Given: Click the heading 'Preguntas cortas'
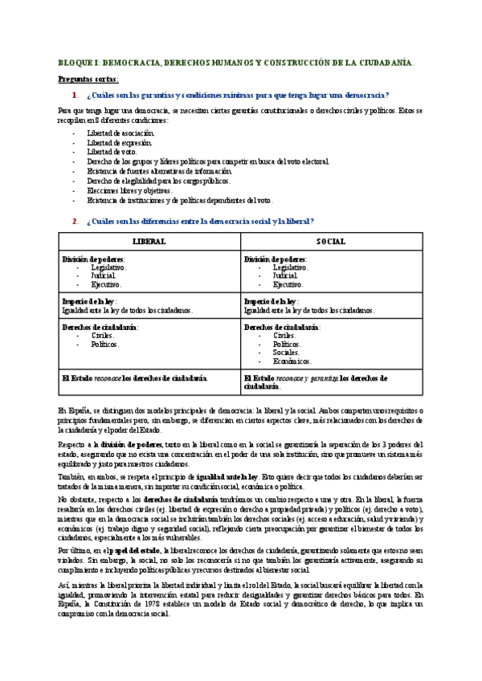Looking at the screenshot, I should pyautogui.click(x=89, y=80).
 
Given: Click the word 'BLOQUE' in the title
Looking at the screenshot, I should pyautogui.click(x=75, y=62).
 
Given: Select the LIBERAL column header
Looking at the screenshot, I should pyautogui.click(x=149, y=241).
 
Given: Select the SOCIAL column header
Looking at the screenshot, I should pyautogui.click(x=330, y=241).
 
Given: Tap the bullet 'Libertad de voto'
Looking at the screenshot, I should pyautogui.click(x=112, y=152).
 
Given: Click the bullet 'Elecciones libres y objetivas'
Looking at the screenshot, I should pyautogui.click(x=130, y=190).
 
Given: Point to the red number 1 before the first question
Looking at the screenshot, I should pyautogui.click(x=74, y=95).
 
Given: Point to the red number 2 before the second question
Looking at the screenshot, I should pyautogui.click(x=74, y=221).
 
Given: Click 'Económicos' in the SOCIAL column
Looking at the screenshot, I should pyautogui.click(x=292, y=361).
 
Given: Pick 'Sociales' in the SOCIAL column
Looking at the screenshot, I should pyautogui.click(x=286, y=352).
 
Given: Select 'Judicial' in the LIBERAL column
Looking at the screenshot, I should pyautogui.click(x=103, y=275).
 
